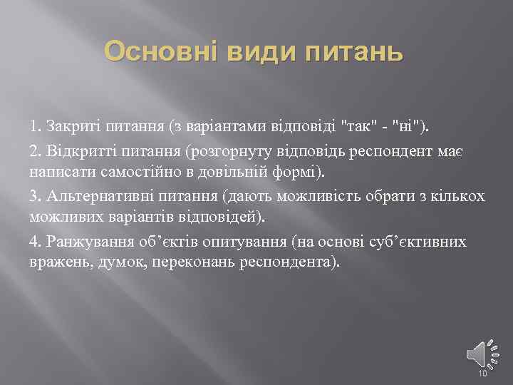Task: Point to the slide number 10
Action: pos(482,374)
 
